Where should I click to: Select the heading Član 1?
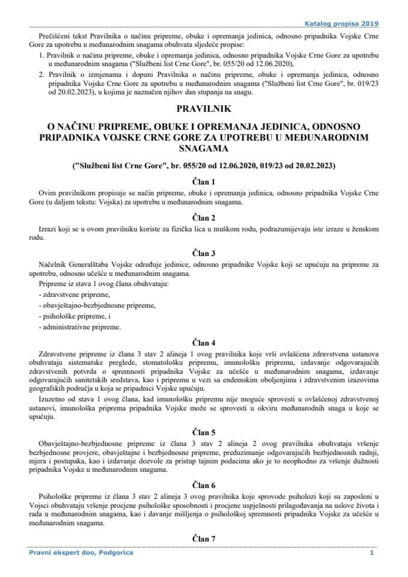[204, 180]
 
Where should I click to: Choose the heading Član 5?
[204, 431]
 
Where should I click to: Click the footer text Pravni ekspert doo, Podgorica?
[81, 552]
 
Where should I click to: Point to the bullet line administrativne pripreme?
[79, 327]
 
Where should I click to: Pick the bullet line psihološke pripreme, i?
[72, 316]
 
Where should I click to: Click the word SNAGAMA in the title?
[204, 148]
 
